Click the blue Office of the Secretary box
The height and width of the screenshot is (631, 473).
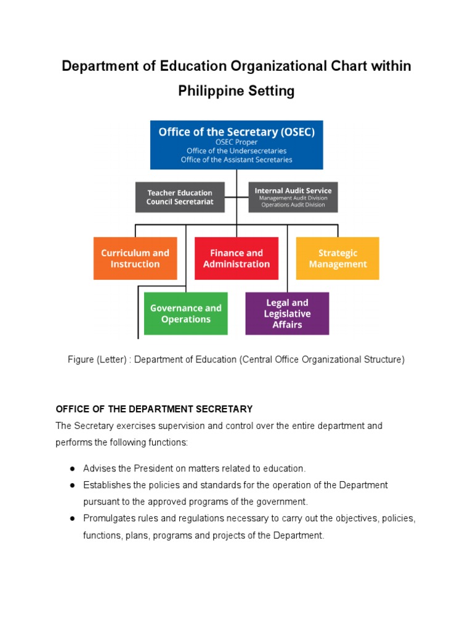(x=236, y=144)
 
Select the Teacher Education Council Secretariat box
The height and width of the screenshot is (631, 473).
(x=179, y=197)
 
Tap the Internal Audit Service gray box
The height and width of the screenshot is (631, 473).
(x=293, y=197)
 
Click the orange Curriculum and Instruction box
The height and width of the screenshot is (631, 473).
(x=135, y=258)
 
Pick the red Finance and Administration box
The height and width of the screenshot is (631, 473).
(x=236, y=258)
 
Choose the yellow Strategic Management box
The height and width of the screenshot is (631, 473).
(x=338, y=258)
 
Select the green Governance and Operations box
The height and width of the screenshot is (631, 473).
(x=185, y=314)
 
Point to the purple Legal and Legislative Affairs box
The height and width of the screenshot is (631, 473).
(x=287, y=314)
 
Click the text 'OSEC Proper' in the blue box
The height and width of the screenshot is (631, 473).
(x=236, y=142)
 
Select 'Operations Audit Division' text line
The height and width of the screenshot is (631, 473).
(x=293, y=205)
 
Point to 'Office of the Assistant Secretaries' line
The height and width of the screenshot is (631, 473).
(x=236, y=160)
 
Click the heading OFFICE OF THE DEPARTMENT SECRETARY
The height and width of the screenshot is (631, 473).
(x=154, y=409)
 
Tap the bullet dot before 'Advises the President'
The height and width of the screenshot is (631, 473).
(x=72, y=469)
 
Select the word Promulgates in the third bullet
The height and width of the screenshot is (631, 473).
(x=109, y=519)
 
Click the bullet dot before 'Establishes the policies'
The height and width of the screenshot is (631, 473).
(x=72, y=486)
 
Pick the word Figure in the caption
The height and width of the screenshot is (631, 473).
(x=81, y=360)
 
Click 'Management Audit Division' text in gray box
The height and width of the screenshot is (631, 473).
(x=293, y=198)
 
